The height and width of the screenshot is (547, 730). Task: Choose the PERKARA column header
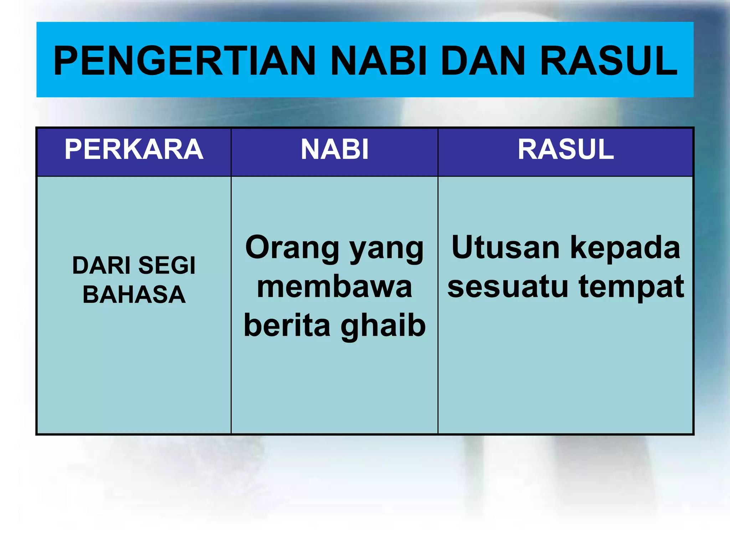click(134, 150)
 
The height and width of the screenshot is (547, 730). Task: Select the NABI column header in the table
click(334, 150)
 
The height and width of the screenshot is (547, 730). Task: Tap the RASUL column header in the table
click(566, 150)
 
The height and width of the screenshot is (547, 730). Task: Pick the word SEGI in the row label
click(167, 266)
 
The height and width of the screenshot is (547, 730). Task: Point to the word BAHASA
click(134, 295)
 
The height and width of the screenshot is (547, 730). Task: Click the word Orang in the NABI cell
click(292, 248)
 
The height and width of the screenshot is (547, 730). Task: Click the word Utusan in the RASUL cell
click(505, 248)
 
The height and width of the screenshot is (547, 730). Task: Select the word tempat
click(631, 288)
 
